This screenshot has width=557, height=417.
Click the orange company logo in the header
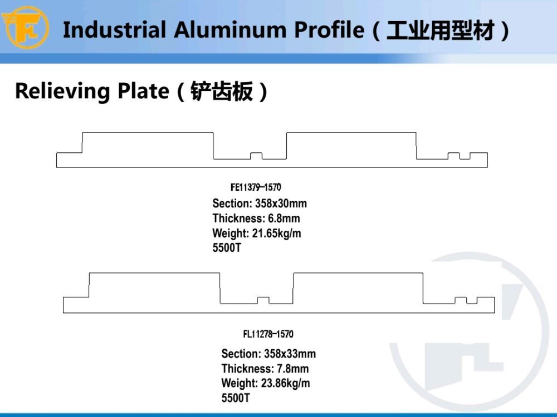click(x=25, y=27)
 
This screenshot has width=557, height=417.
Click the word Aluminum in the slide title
click(x=230, y=29)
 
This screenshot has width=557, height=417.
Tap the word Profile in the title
click(x=329, y=29)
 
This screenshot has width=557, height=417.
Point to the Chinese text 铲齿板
click(x=222, y=91)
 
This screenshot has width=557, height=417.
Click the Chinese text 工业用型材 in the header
click(x=441, y=30)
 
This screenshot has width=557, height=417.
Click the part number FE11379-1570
click(x=256, y=187)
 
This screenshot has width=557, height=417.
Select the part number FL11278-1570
click(x=268, y=334)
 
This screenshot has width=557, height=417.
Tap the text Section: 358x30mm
click(x=260, y=203)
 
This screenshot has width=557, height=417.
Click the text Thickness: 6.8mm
click(x=256, y=218)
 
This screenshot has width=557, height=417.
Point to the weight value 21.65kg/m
click(x=276, y=234)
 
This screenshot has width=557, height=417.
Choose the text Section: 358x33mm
click(x=268, y=354)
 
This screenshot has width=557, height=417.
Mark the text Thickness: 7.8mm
click(x=265, y=369)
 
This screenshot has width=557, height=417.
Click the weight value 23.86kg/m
click(x=285, y=383)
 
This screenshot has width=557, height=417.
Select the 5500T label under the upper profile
click(x=227, y=247)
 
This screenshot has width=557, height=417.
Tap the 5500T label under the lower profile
click(x=236, y=398)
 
